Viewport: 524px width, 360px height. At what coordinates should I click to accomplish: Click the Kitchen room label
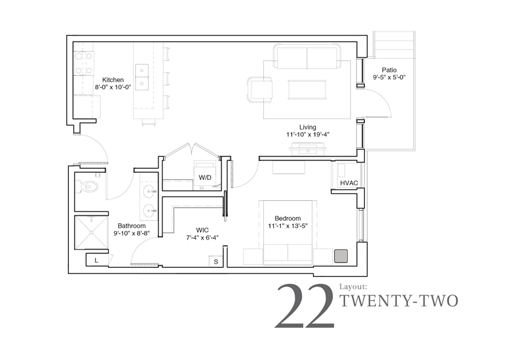[x=113, y=80]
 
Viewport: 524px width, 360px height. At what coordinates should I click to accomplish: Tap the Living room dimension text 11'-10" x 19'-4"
[x=308, y=135]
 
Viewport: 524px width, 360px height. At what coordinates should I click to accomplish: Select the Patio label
[x=389, y=70]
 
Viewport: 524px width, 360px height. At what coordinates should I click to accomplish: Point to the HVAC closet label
[x=349, y=183]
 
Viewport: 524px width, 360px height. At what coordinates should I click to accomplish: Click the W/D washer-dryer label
[x=205, y=177]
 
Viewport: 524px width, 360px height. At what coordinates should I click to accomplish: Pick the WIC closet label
[x=202, y=230]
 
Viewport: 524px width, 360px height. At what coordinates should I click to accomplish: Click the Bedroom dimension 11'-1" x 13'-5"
[x=288, y=226]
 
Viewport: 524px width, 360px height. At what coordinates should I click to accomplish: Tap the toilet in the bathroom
[x=88, y=186]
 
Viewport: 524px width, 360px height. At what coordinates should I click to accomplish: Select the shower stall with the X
[x=91, y=232]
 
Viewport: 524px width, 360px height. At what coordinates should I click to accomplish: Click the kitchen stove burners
[x=84, y=63]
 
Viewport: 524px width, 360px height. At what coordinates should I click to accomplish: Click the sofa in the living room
[x=307, y=56]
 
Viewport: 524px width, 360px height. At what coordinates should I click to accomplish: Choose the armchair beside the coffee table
[x=259, y=89]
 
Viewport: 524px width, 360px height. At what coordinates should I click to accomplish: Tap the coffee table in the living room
[x=307, y=90]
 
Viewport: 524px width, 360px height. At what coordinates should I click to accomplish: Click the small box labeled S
[x=216, y=261]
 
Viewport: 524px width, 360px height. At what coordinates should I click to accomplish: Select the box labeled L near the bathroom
[x=97, y=260]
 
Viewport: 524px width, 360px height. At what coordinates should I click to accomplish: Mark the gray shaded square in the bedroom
[x=341, y=256]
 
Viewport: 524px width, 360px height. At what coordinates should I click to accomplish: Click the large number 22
[x=305, y=306]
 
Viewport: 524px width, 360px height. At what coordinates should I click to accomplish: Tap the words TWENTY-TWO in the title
[x=399, y=301]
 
